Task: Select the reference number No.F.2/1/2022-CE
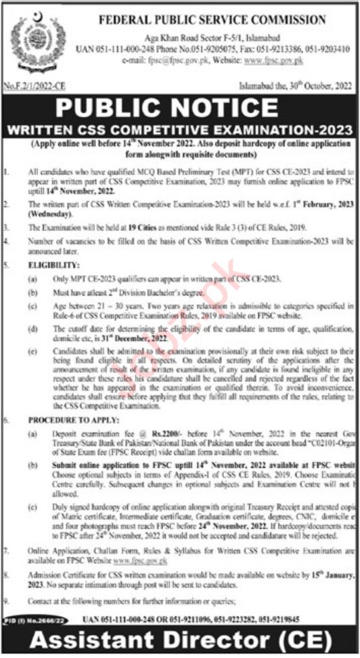(x=35, y=85)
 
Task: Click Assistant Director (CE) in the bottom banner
(x=180, y=639)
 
